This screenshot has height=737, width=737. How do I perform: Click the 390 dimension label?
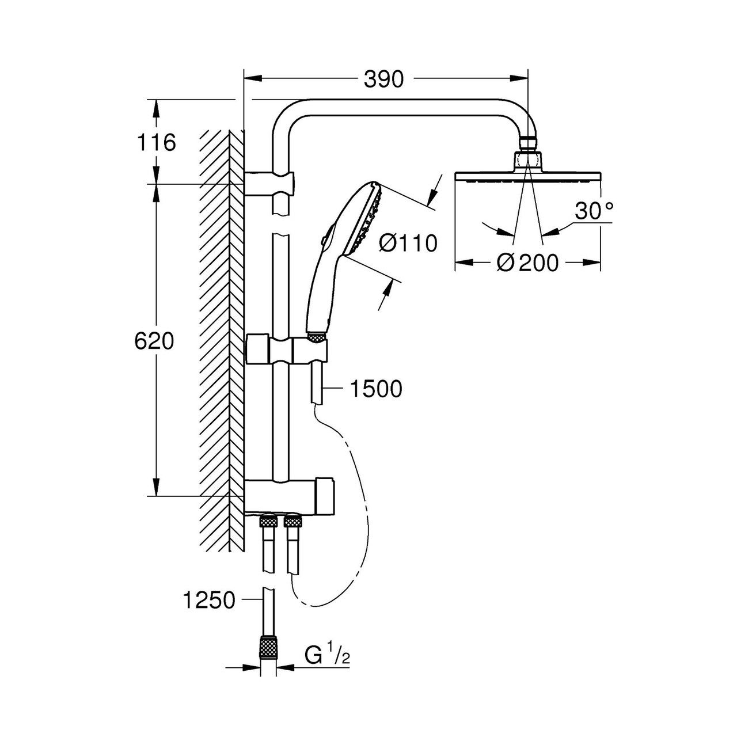tap(383, 79)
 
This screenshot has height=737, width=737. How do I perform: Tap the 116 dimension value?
tap(157, 143)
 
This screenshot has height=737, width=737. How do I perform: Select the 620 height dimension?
tap(154, 341)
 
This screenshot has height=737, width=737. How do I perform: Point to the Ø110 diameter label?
tap(408, 243)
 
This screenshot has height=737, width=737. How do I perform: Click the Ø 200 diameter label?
tap(528, 263)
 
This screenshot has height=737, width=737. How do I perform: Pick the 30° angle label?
tap(594, 211)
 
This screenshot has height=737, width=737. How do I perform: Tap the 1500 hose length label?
tap(376, 389)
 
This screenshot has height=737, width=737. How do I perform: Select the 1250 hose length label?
tap(209, 600)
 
